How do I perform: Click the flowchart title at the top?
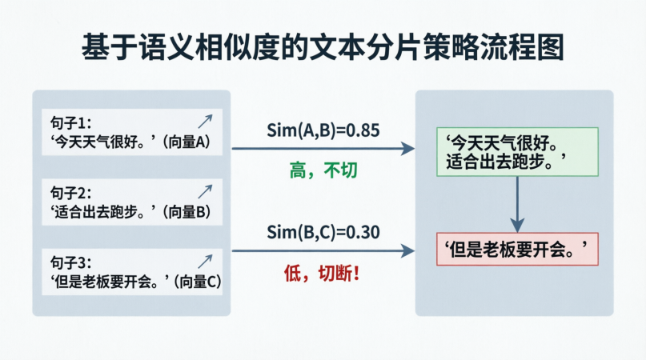[323, 46]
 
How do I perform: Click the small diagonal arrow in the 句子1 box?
[205, 122]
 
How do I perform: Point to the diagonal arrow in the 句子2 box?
[205, 191]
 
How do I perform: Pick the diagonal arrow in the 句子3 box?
[205, 261]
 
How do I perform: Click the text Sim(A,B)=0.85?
[323, 130]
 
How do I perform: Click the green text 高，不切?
[323, 171]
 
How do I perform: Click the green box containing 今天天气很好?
[517, 152]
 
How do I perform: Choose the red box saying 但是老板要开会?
[517, 250]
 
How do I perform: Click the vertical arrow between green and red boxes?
[517, 204]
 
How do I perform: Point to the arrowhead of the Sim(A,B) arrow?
[408, 148]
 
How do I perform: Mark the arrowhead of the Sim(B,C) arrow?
[408, 250]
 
